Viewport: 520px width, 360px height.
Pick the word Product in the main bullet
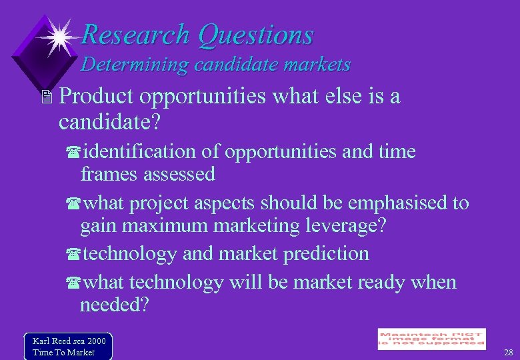pyautogui.click(x=95, y=97)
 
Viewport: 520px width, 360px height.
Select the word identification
pyautogui.click(x=140, y=152)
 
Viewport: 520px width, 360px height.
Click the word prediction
pyautogui.click(x=327, y=254)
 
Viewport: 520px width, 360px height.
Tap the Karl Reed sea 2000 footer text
pyautogui.click(x=69, y=341)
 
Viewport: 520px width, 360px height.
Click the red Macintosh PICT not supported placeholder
pyautogui.click(x=431, y=339)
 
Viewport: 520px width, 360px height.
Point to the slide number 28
pyautogui.click(x=509, y=352)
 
